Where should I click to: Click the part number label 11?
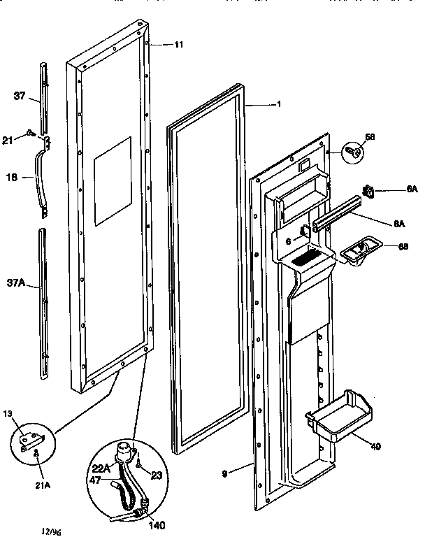point(179,45)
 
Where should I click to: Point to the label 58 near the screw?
point(370,138)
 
